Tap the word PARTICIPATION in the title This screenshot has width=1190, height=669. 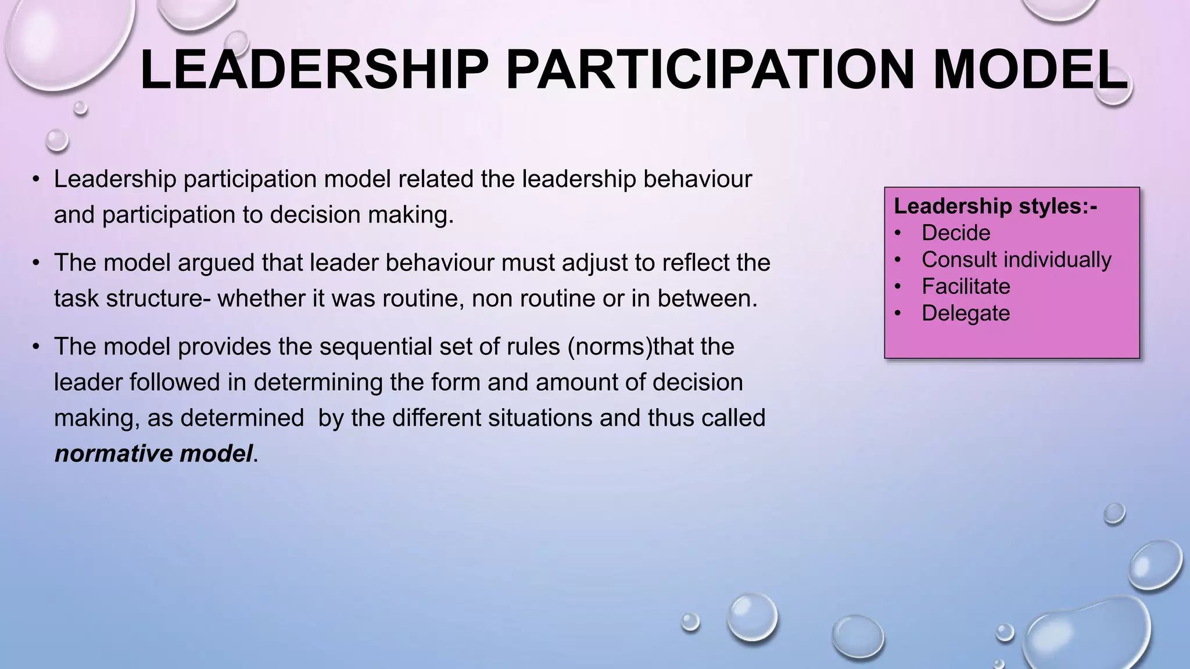[x=710, y=70]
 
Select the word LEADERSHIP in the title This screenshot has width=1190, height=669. [x=314, y=70]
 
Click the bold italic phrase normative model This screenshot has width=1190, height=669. [x=154, y=454]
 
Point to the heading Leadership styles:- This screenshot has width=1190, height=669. [x=995, y=206]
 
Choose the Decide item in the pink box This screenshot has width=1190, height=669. [x=956, y=233]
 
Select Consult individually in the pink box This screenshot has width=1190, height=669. [x=1016, y=260]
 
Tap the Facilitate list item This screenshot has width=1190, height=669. [x=966, y=286]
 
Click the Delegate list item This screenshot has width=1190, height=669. [x=966, y=313]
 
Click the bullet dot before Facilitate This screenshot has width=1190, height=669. [x=898, y=287]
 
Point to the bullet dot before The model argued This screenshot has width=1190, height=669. [x=36, y=263]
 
